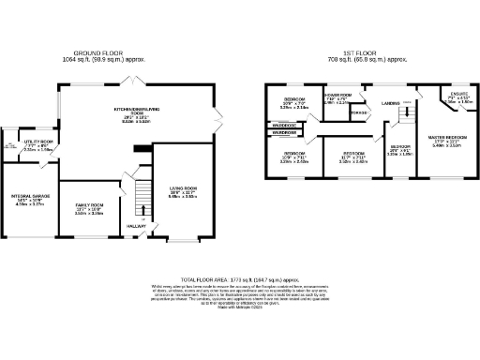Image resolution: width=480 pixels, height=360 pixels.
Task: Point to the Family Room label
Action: pos(89,207)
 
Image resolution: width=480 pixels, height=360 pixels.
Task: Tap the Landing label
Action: pos(391,102)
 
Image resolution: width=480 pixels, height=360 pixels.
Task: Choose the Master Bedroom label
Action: pos(441,142)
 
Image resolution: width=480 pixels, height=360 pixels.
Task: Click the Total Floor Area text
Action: pos(240,280)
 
